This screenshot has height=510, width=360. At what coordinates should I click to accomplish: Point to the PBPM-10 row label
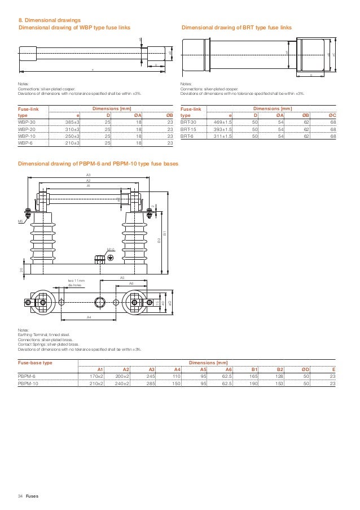[28, 383]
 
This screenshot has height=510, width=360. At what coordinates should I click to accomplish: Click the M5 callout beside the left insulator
[20, 221]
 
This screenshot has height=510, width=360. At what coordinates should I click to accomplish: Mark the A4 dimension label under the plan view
[89, 317]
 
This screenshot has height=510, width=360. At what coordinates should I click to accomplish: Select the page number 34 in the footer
[20, 496]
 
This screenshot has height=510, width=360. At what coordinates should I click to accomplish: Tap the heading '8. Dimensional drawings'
[47, 20]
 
